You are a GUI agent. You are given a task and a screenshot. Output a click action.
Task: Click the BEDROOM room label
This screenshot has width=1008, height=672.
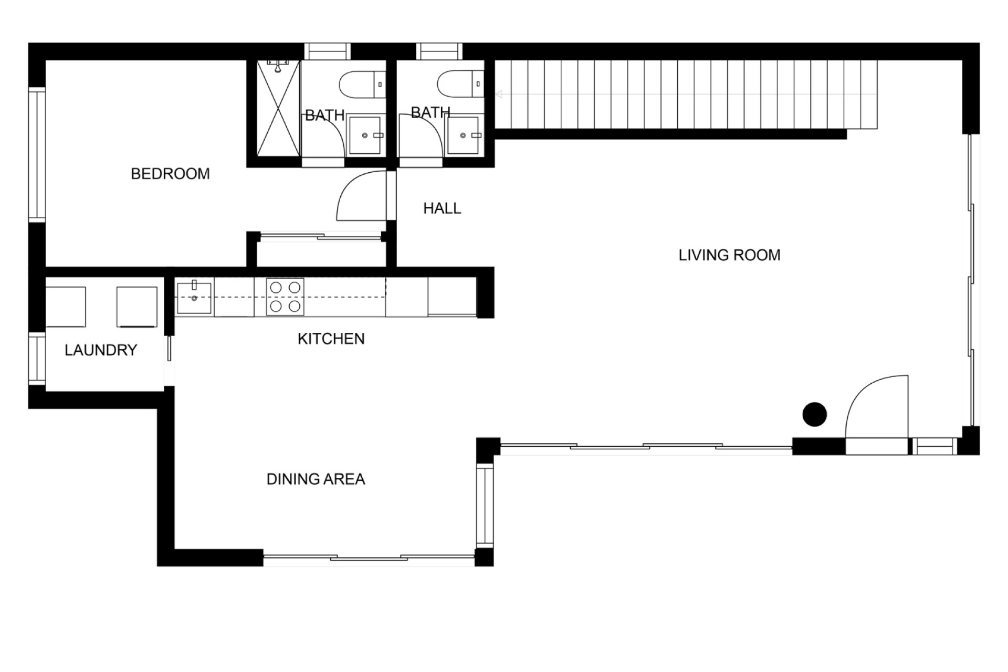pos(170,174)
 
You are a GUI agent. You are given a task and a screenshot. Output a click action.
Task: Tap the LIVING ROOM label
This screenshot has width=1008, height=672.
pos(729,255)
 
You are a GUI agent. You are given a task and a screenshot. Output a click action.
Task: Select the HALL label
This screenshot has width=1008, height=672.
pos(442,208)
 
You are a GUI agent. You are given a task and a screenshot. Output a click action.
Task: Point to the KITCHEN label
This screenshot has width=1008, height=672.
pos(331,339)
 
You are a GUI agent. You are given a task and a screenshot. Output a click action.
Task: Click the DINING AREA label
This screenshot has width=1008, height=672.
pos(316,479)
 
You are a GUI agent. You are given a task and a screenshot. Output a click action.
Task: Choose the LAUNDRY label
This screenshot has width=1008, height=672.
pos(101,350)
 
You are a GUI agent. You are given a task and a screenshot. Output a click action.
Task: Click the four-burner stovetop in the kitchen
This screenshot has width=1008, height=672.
pos(285,297)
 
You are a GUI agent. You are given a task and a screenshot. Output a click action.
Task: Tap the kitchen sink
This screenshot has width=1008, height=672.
pos(194,297)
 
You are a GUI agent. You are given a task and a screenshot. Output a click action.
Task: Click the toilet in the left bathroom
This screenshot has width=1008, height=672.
pos(363,84)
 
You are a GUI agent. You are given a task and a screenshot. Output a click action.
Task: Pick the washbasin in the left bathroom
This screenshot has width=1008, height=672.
pos(365,135)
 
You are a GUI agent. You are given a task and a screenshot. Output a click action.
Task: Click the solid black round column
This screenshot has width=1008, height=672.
pos(815,414)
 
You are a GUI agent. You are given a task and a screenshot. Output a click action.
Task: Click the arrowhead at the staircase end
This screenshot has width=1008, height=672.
pos(499,94)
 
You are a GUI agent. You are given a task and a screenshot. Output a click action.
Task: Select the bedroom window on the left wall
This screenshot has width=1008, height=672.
pos(37,155)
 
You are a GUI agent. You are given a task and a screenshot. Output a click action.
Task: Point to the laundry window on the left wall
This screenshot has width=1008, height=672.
pos(37,359)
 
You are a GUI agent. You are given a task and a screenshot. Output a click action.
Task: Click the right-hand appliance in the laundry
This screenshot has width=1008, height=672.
pos(137,307)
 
